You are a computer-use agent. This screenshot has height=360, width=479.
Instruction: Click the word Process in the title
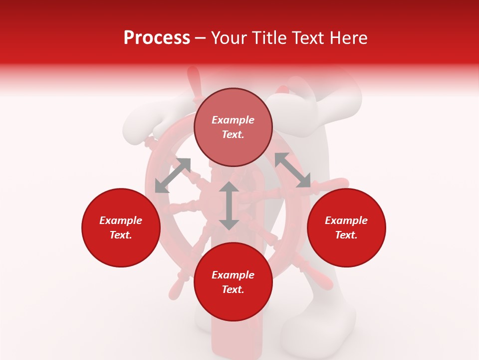(157, 38)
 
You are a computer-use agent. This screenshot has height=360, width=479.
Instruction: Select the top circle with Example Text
(233, 127)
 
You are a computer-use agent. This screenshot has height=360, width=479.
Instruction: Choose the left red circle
(121, 227)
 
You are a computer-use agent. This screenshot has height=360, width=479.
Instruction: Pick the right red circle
(346, 227)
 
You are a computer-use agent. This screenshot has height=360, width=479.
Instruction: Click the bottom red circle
(233, 282)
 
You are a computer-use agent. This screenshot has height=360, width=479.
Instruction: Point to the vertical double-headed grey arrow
(229, 205)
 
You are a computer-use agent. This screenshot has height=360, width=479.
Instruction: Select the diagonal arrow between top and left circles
(173, 175)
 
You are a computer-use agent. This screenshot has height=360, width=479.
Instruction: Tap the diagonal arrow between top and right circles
(292, 170)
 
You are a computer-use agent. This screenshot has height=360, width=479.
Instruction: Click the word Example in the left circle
(121, 220)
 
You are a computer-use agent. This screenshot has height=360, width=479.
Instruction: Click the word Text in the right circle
(346, 235)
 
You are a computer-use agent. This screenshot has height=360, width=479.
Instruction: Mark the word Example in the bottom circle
(233, 275)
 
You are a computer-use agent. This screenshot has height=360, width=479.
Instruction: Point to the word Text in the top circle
(233, 134)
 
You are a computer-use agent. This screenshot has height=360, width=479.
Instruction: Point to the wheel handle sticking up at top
(194, 80)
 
